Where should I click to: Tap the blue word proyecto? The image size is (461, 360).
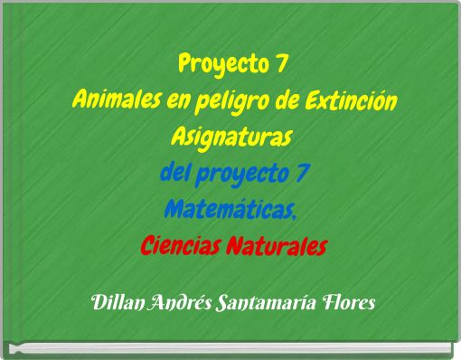point(235,171)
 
